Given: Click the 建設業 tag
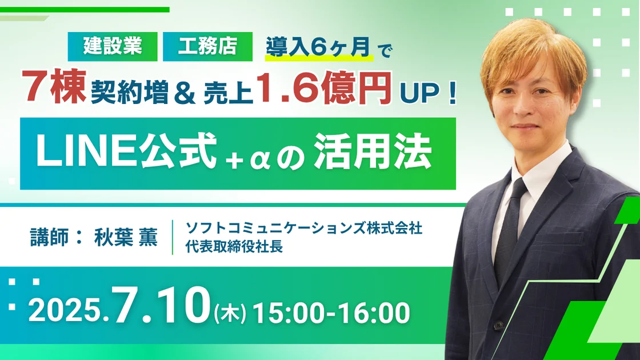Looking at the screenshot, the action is (112, 46).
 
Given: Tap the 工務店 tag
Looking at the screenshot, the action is (207, 46).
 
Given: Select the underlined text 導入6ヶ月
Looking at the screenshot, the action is (318, 47).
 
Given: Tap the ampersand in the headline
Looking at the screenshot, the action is (185, 93).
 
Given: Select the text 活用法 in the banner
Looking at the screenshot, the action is (373, 151).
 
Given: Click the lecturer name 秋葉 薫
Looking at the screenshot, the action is (126, 237).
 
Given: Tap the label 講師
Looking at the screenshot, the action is (49, 237).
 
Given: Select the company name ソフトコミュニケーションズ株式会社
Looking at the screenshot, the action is (303, 228).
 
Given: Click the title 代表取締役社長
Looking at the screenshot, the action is (234, 246).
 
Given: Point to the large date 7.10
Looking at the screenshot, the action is (161, 305).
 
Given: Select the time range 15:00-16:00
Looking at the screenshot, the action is (331, 313).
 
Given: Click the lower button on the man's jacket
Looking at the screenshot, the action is (498, 325).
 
